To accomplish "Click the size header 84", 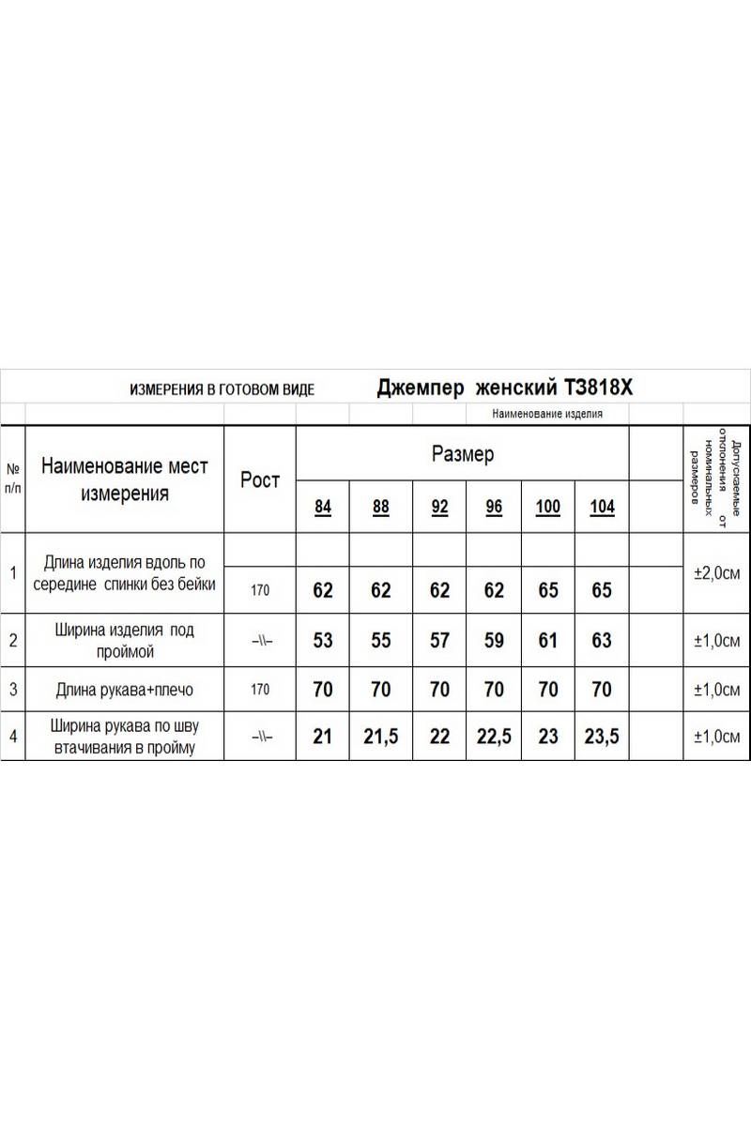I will tap(323, 508).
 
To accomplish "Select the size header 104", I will tap(602, 508).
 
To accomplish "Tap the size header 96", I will tap(494, 508).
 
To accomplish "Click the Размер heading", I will tap(462, 455).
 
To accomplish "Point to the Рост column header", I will tap(260, 479).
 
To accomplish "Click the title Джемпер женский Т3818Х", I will tap(505, 388).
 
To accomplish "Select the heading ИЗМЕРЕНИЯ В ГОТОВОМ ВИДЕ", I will tap(222, 389).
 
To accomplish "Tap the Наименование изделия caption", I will tap(546, 413).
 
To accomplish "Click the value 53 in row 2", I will tap(323, 641).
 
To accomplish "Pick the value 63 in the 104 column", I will tap(602, 641).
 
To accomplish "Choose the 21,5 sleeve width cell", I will tap(380, 737).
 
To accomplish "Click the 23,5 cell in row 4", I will tap(602, 737).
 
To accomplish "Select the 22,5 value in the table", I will tap(494, 737).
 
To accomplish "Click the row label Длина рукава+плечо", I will tap(125, 690).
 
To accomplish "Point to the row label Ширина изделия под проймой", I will tap(125, 640).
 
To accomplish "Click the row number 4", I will tap(13, 737).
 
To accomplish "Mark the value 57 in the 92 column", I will tap(439, 641).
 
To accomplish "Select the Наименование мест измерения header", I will tap(125, 479).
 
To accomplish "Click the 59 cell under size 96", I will tap(494, 641).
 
